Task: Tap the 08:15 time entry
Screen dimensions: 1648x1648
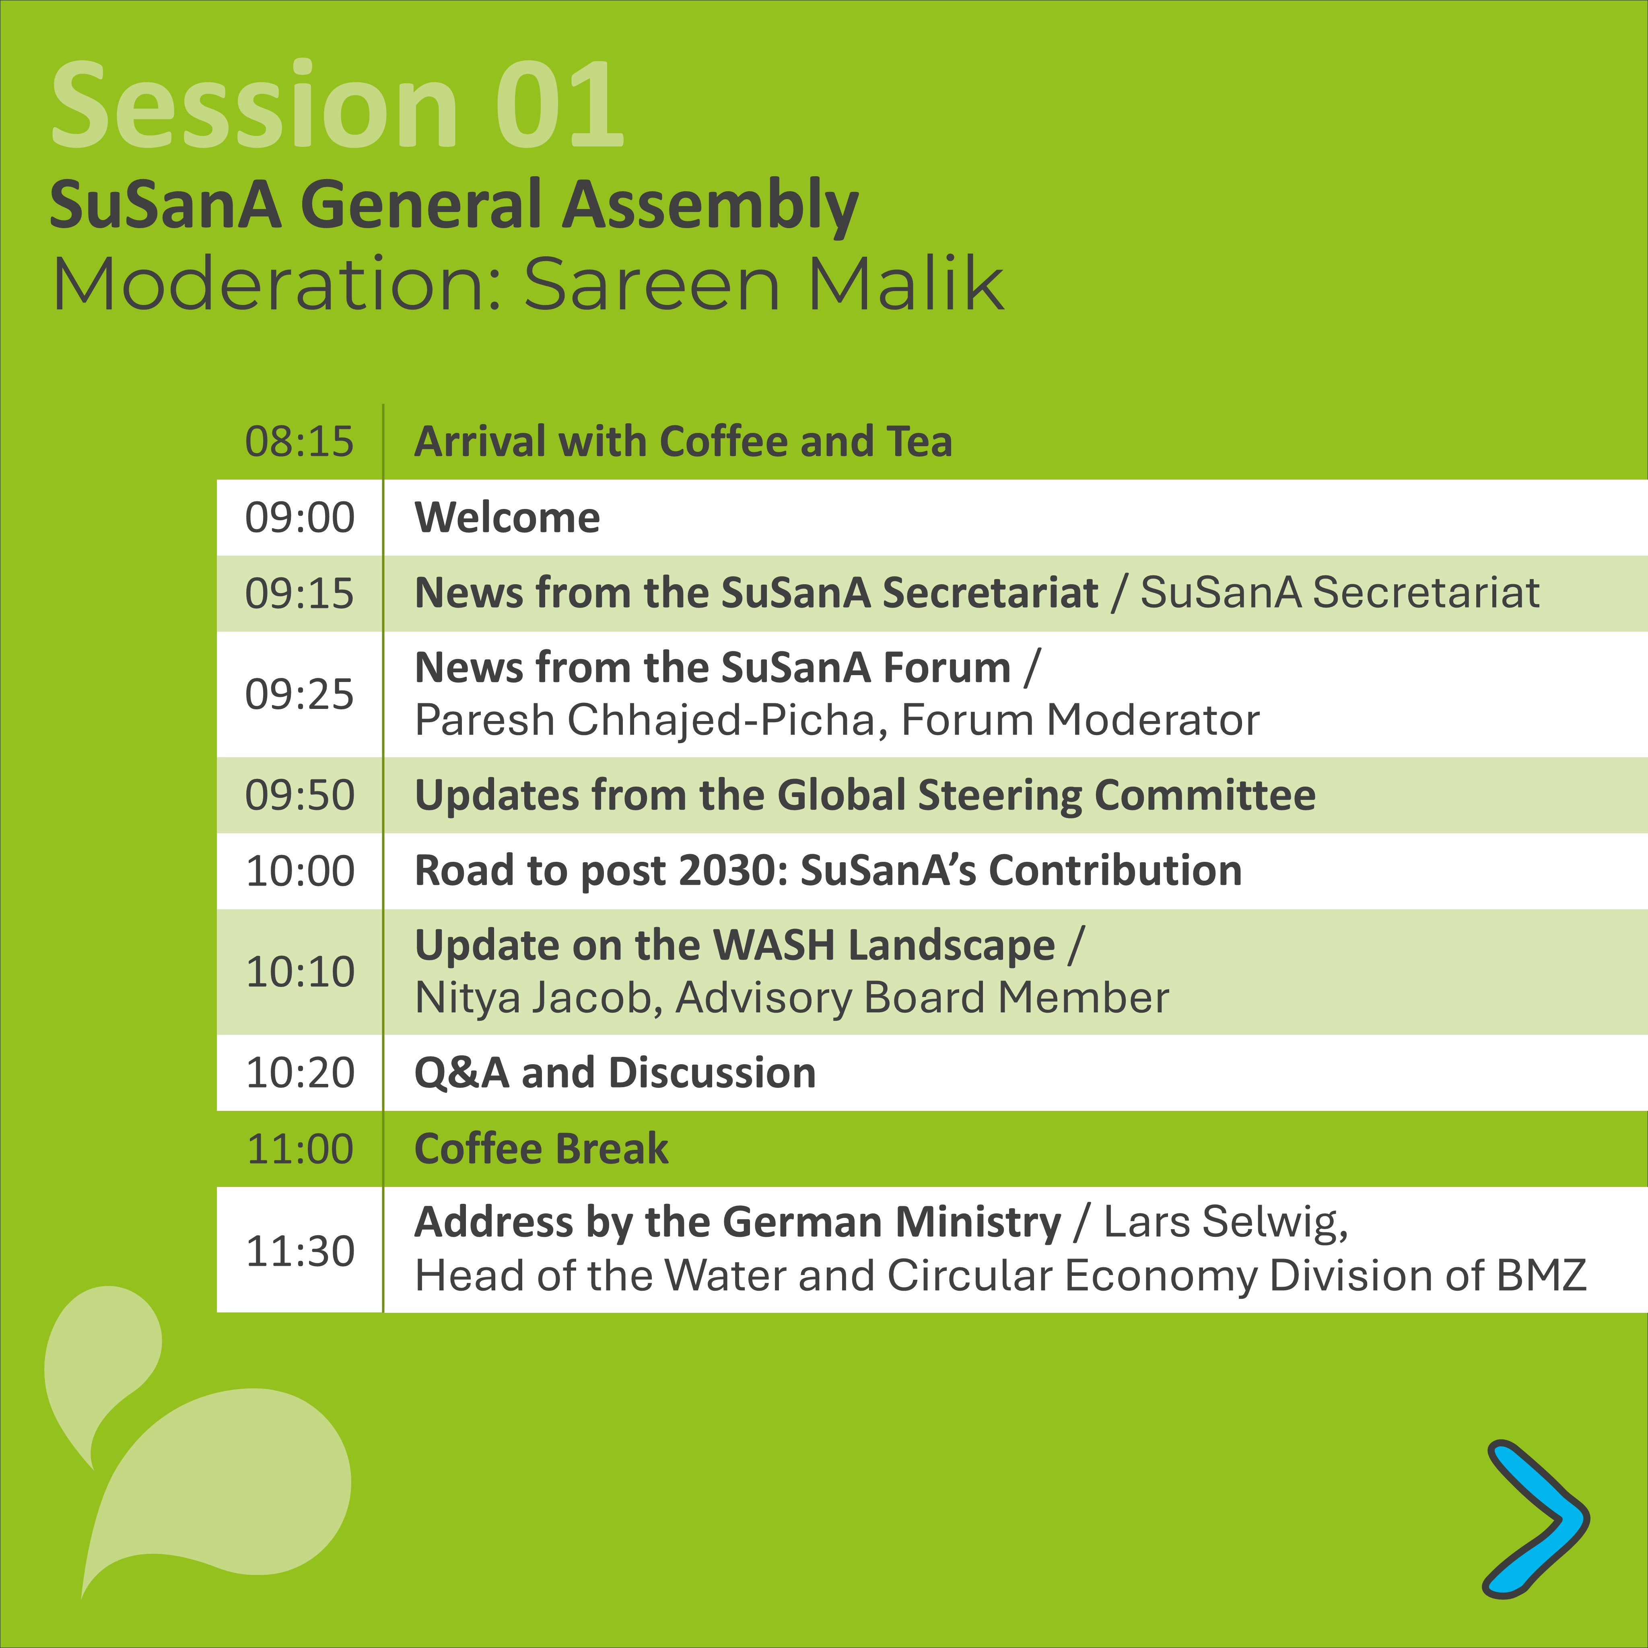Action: [x=299, y=442]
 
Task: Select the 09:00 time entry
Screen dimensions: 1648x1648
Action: [x=299, y=518]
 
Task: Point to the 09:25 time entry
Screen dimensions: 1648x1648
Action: [x=299, y=694]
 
